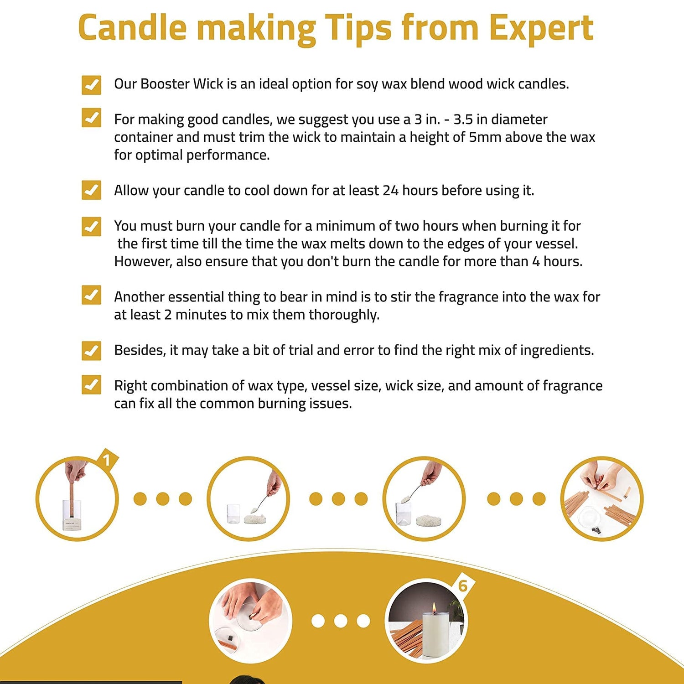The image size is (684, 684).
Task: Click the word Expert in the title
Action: point(541,28)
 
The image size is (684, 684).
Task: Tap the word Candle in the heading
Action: point(133,27)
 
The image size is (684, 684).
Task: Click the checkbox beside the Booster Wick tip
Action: point(91,85)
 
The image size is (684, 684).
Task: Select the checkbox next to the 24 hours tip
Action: point(91,190)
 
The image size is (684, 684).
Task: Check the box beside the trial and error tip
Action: point(91,350)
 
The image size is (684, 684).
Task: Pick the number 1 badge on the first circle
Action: point(107,460)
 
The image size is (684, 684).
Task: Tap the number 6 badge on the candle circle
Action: point(463,586)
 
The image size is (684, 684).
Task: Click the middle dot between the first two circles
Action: point(163,499)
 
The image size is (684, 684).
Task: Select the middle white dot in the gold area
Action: point(341,621)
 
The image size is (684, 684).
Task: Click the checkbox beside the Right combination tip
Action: point(91,385)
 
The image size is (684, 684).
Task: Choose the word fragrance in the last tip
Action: point(572,386)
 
